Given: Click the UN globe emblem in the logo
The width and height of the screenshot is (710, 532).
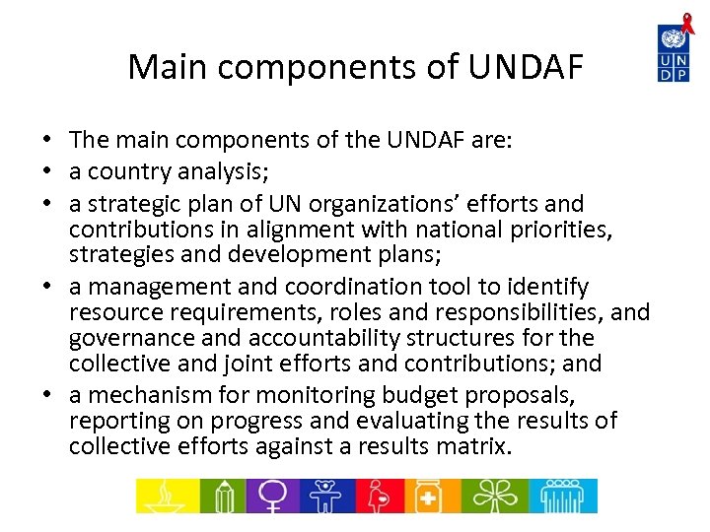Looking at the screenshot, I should [x=674, y=39].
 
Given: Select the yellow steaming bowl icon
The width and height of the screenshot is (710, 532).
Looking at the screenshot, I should [x=166, y=496].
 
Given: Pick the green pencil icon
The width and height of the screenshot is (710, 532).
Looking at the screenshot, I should [x=224, y=496].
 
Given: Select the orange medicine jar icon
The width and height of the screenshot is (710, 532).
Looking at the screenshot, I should [x=430, y=496].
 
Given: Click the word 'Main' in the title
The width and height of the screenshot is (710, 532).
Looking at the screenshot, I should [x=167, y=67].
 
